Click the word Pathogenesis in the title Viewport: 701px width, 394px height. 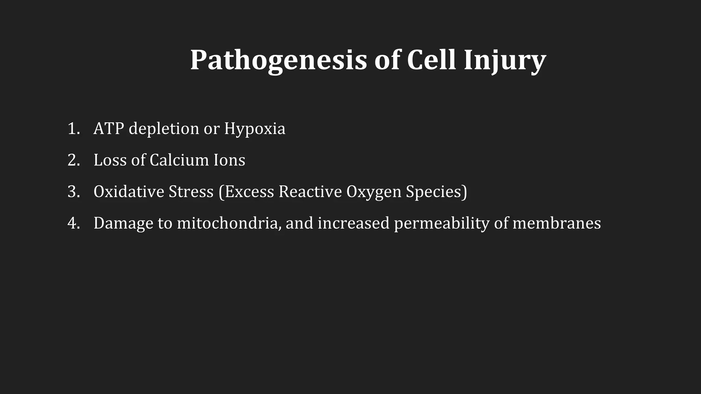click(x=278, y=60)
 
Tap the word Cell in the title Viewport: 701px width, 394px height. click(x=431, y=60)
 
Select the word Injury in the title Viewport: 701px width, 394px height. click(x=505, y=60)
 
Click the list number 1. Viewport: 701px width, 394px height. click(x=73, y=129)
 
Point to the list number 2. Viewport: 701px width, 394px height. click(x=73, y=160)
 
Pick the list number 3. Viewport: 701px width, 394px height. click(x=73, y=192)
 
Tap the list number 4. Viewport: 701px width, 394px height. click(x=73, y=223)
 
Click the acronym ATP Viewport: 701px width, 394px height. click(x=109, y=129)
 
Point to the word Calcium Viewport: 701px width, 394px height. click(x=179, y=160)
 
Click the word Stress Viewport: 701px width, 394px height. click(x=191, y=192)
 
